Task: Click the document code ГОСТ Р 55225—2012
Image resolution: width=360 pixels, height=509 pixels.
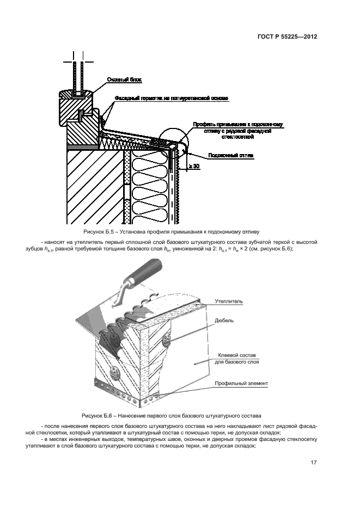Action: [x=287, y=38]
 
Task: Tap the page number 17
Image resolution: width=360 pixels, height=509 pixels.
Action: [x=313, y=463]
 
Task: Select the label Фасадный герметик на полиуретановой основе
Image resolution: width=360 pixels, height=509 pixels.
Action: [x=171, y=98]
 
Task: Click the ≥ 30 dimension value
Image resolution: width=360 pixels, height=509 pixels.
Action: [x=193, y=165]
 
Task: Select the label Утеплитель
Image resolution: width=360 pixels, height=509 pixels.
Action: [x=229, y=301]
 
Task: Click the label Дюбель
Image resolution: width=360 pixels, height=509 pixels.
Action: [x=224, y=321]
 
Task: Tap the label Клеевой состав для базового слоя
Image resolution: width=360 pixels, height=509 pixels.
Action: [x=238, y=358]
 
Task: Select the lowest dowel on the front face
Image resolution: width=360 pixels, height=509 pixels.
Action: [x=115, y=374]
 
